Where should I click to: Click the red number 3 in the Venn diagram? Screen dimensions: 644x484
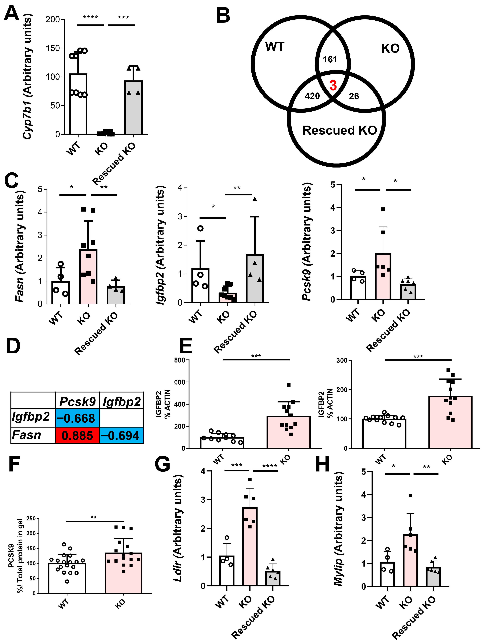[333, 85]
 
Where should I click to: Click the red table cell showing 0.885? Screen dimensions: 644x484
[77, 436]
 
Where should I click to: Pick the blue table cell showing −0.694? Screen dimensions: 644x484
[122, 436]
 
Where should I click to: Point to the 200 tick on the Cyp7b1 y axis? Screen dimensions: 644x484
[53, 19]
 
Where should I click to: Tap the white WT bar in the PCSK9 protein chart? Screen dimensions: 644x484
[67, 578]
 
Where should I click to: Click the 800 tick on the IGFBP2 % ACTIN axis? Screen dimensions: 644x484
[180, 360]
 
